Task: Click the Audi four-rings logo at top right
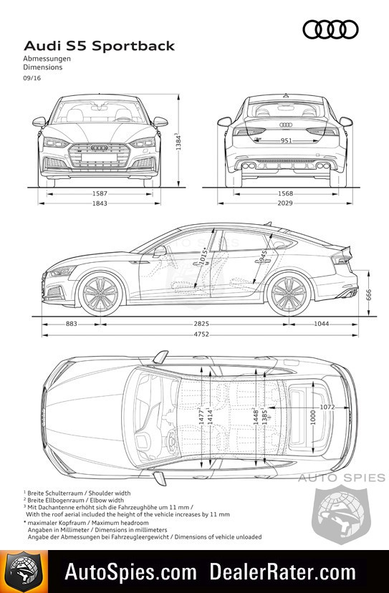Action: [x=330, y=29]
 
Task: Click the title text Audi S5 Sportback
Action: [x=99, y=46]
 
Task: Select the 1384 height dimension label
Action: [x=178, y=141]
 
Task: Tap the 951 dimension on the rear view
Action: [x=286, y=140]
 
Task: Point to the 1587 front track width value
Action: [x=100, y=193]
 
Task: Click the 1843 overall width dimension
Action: [x=100, y=203]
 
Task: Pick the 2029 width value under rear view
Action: [x=285, y=203]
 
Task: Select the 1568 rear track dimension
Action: [x=285, y=193]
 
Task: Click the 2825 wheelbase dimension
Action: [x=201, y=324]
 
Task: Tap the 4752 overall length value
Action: [x=201, y=334]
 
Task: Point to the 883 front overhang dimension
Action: [x=71, y=324]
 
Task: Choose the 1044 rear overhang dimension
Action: [x=321, y=324]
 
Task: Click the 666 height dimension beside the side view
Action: [x=369, y=295]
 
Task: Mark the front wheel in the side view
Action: [x=100, y=294]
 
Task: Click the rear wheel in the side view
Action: [x=289, y=294]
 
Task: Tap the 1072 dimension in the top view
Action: [x=327, y=408]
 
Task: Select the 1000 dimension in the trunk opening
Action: [x=313, y=417]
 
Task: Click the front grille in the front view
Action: [x=100, y=155]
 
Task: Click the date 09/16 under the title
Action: [x=32, y=78]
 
